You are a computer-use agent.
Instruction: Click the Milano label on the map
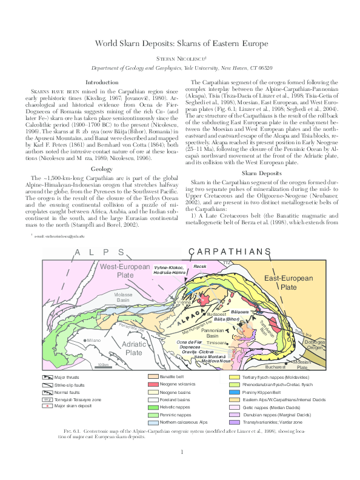pyautogui.click(x=93, y=341)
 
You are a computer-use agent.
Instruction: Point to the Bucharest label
pyautogui.click(x=275, y=367)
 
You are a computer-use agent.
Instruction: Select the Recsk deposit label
pyautogui.click(x=199, y=266)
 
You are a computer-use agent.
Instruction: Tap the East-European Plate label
pyautogui.click(x=287, y=281)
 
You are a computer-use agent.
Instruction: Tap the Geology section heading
pyautogui.click(x=102, y=168)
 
